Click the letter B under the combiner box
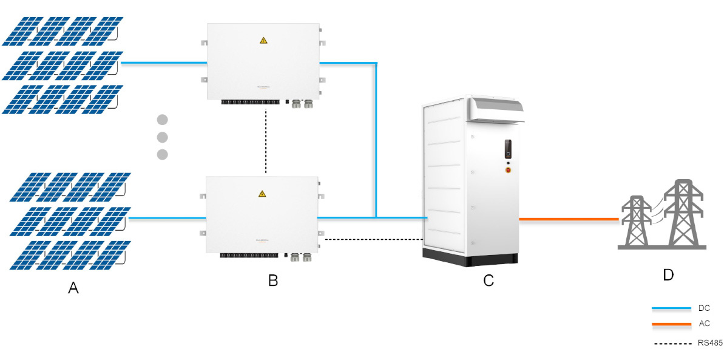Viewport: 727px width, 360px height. pyautogui.click(x=273, y=280)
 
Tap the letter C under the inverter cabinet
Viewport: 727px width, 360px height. pyautogui.click(x=489, y=280)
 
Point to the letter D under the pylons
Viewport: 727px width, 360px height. pyautogui.click(x=668, y=275)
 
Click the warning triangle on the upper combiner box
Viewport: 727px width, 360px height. pyautogui.click(x=263, y=41)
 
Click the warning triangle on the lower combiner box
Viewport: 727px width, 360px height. pyautogui.click(x=262, y=194)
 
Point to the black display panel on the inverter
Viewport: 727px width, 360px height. pyautogui.click(x=509, y=149)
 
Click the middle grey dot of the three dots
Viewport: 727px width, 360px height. pyautogui.click(x=162, y=137)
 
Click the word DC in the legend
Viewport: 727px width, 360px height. pyautogui.click(x=704, y=308)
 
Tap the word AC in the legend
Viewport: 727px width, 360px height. pyautogui.click(x=704, y=324)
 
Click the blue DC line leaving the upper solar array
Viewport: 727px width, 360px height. pyautogui.click(x=164, y=63)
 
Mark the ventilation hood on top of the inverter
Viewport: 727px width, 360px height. pyautogui.click(x=495, y=110)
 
